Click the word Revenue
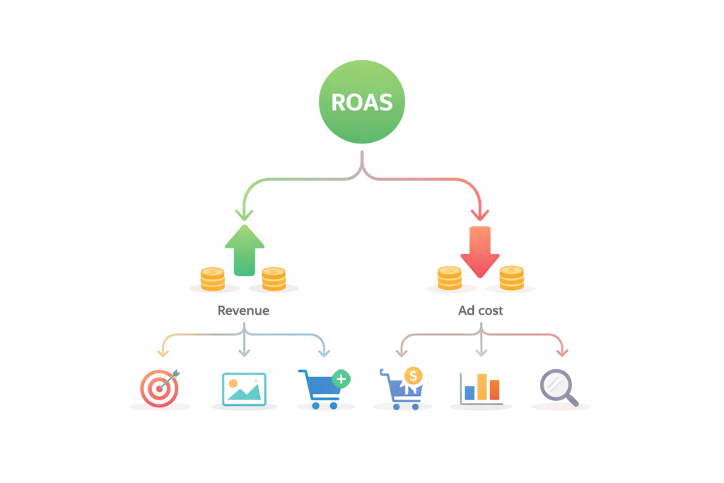[x=243, y=310]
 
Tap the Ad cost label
[x=481, y=310]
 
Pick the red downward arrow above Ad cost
[x=480, y=252]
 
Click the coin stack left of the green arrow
[x=212, y=279]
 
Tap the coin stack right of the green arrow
[x=273, y=279]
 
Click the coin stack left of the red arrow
[x=449, y=278]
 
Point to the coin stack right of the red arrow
[x=511, y=278]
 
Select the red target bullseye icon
[x=160, y=388]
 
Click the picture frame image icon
[x=244, y=389]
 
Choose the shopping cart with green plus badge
[x=322, y=388]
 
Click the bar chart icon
[x=481, y=388]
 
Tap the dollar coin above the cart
[x=414, y=376]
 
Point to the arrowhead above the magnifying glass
[x=561, y=351]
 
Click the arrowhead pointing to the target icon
[x=164, y=351]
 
